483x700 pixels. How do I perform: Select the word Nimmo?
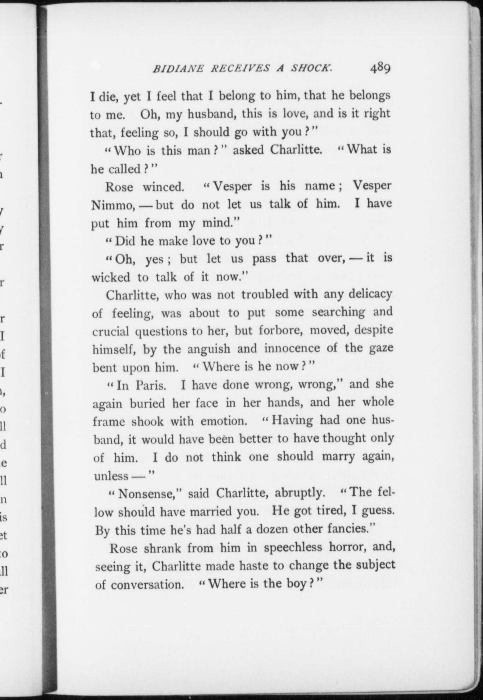click(x=112, y=205)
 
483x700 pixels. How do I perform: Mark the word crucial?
click(x=112, y=331)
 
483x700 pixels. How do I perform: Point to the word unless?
click(x=111, y=476)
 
